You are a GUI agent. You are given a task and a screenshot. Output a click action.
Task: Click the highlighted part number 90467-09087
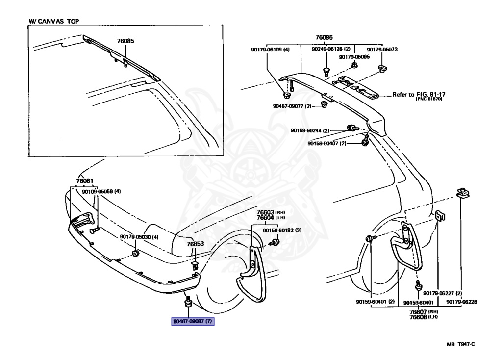pyautogui.click(x=193, y=321)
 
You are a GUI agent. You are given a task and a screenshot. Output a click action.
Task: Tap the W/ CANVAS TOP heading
pyautogui.click(x=54, y=21)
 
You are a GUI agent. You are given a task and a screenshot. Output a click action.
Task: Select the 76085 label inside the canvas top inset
pyautogui.click(x=125, y=41)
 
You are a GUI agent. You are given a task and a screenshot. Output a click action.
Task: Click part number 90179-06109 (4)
pyautogui.click(x=270, y=50)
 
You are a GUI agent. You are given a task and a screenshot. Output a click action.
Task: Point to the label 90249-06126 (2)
pyautogui.click(x=331, y=49)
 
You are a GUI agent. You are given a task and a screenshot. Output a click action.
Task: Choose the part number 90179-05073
pyautogui.click(x=382, y=50)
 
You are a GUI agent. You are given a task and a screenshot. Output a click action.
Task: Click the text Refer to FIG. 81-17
pyautogui.click(x=419, y=95)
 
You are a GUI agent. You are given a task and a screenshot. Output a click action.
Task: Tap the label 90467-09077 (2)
pyautogui.click(x=292, y=106)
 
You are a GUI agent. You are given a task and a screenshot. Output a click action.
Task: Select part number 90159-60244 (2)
pyautogui.click(x=310, y=130)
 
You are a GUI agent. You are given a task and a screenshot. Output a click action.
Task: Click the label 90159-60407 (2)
pyautogui.click(x=327, y=144)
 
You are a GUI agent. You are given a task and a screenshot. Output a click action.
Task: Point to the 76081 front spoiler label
pyautogui.click(x=85, y=181)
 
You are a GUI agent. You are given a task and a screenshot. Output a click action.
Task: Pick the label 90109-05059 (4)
pyautogui.click(x=101, y=192)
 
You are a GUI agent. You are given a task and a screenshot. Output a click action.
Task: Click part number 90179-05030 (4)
pyautogui.click(x=139, y=237)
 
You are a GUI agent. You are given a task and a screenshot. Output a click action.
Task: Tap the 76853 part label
pyautogui.click(x=195, y=244)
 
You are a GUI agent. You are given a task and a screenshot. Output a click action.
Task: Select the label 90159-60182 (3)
pyautogui.click(x=282, y=231)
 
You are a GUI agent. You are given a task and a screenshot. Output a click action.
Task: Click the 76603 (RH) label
pyautogui.click(x=271, y=212)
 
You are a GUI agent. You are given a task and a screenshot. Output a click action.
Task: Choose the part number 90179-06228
pyautogui.click(x=462, y=302)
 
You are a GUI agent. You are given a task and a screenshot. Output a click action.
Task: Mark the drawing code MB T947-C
pyautogui.click(x=461, y=344)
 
